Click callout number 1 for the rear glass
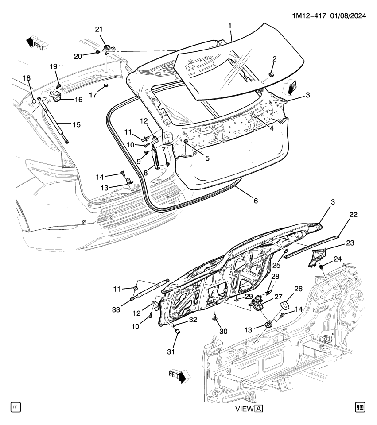230,26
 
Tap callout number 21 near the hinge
98,29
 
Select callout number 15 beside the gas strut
76,125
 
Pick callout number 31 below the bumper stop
171,352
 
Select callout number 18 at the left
27,78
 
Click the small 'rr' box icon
16,406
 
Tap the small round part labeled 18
33,101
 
